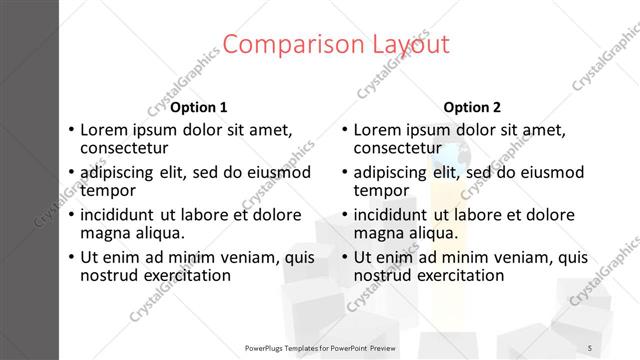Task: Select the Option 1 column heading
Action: [x=198, y=107]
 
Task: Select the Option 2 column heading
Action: [x=472, y=107]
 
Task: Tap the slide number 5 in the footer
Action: [x=589, y=347]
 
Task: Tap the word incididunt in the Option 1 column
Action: [x=117, y=214]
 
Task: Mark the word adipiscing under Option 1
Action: [x=116, y=171]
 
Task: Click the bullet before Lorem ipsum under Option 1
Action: [x=70, y=130]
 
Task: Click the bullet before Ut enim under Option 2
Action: [x=344, y=257]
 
